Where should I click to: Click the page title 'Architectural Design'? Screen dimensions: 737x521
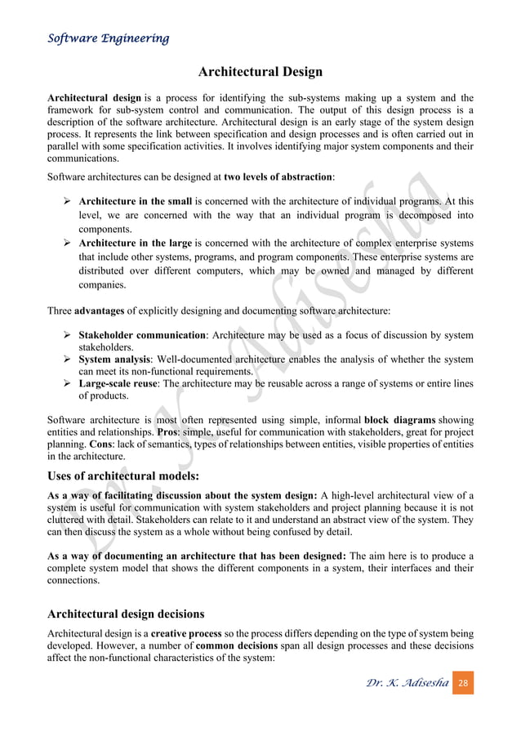(x=260, y=72)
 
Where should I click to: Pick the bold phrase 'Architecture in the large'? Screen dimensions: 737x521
(x=135, y=243)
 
